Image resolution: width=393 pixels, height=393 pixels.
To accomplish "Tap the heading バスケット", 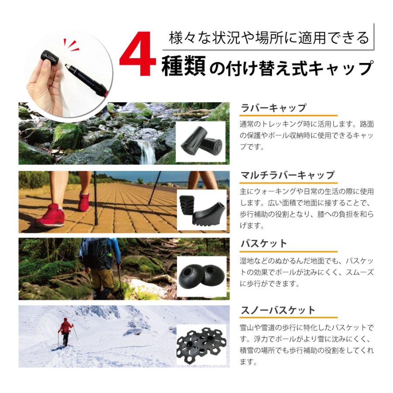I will (264, 243).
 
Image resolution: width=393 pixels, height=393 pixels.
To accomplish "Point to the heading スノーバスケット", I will (278, 310).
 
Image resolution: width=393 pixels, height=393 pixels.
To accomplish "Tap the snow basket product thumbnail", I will (201, 345).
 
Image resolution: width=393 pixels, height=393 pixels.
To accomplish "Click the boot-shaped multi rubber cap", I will (211, 212).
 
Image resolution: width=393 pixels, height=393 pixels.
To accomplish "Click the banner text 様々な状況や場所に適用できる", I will (269, 38).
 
